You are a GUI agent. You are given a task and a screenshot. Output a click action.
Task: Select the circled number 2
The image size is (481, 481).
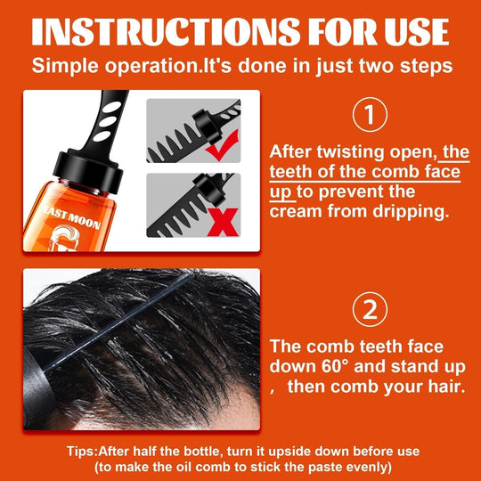pyautogui.click(x=369, y=309)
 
